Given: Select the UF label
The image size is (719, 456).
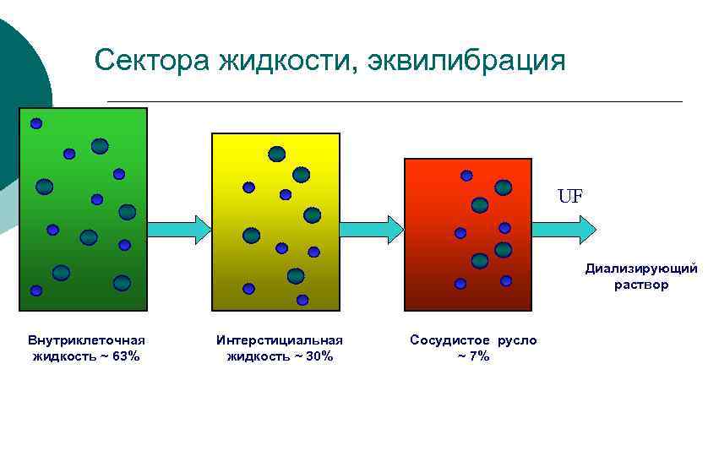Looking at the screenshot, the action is click(569, 197).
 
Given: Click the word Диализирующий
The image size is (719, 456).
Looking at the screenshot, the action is click(641, 269).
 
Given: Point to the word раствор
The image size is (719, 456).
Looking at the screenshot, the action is click(641, 285).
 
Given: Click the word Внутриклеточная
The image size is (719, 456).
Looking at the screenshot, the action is click(86, 340).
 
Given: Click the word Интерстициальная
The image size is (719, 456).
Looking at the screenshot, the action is click(280, 340).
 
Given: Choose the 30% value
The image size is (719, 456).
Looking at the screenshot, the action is click(319, 356).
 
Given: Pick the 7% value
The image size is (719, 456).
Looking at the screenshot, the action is click(478, 356).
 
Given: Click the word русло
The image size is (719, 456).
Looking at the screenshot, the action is click(516, 340).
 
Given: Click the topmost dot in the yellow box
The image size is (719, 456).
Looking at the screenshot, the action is click(276, 154).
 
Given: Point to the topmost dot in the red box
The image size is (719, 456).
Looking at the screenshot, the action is click(466, 176).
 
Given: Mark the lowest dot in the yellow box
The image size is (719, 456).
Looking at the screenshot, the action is click(302, 300).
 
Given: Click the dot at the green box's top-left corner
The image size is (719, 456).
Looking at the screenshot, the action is click(35, 123).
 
